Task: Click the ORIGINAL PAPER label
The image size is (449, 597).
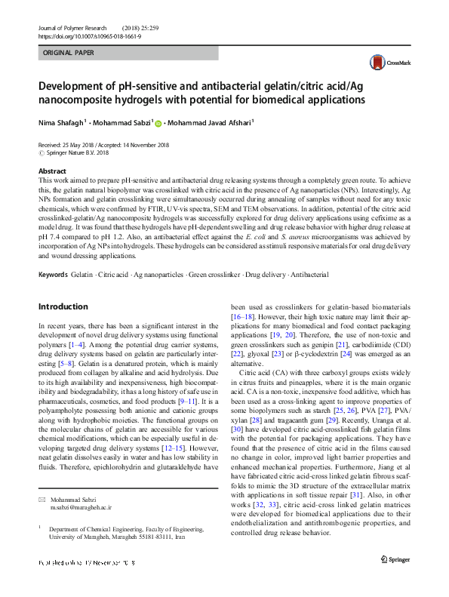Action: pyautogui.click(x=69, y=54)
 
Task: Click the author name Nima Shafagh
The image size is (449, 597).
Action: pyautogui.click(x=60, y=122)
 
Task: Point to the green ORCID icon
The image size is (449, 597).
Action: pyautogui.click(x=158, y=122)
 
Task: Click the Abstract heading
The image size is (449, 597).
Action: pyautogui.click(x=52, y=171)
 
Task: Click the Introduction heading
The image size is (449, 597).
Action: pyautogui.click(x=63, y=307)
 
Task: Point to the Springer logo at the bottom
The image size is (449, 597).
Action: pyautogui.click(x=395, y=580)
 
